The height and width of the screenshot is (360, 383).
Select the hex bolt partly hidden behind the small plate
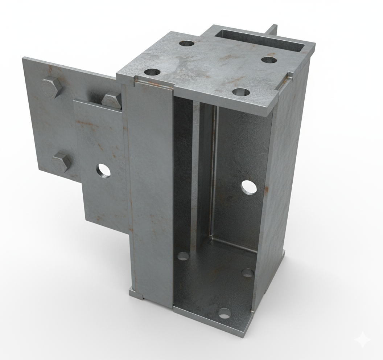112,100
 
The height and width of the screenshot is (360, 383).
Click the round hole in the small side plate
104,171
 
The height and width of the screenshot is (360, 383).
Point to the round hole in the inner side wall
249,187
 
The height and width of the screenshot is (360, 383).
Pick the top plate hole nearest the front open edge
241,92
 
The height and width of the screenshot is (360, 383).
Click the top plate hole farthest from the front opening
187,44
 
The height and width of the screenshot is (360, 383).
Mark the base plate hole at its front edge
225,313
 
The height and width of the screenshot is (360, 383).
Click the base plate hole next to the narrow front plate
183,256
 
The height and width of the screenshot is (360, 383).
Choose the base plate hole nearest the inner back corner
247,272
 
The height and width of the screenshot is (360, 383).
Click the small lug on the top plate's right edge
290,75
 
